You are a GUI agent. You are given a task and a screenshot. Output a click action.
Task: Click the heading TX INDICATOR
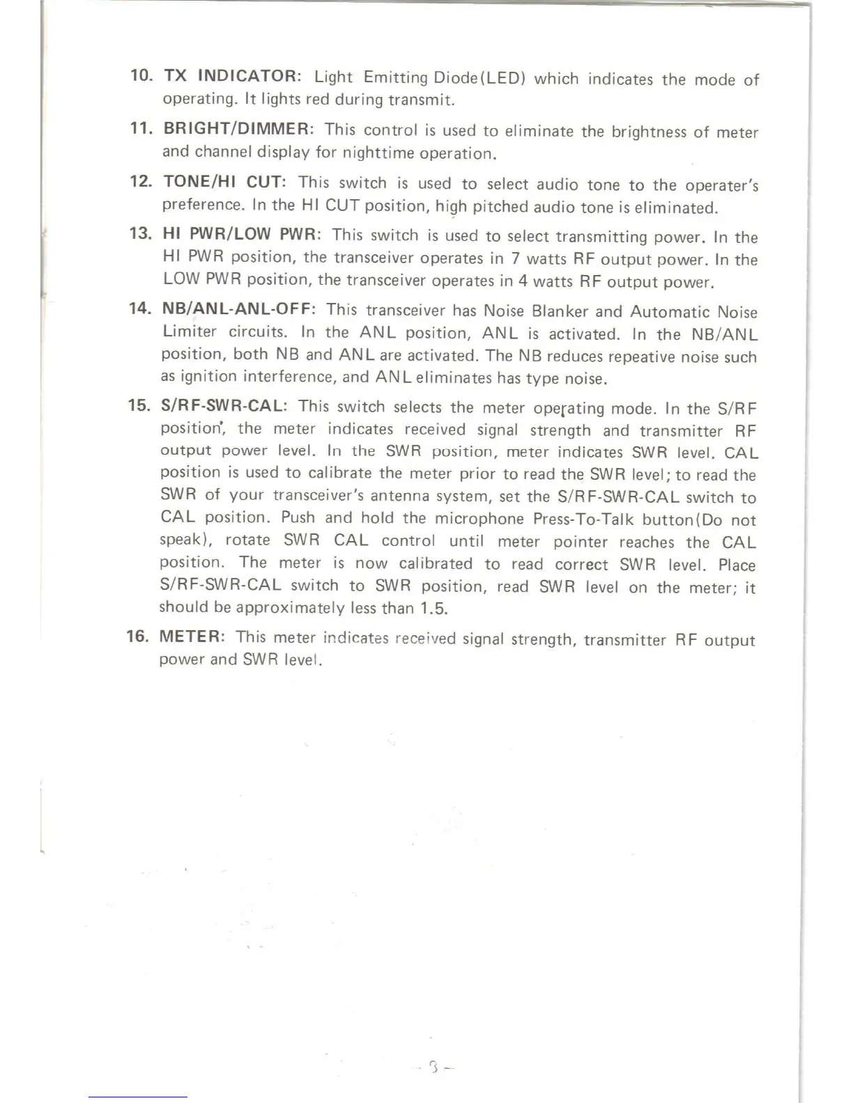[x=231, y=76]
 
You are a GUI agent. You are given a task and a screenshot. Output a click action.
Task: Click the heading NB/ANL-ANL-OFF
[x=239, y=308]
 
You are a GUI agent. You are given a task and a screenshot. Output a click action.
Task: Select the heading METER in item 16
[x=192, y=636]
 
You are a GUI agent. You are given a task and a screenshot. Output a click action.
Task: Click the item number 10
[x=141, y=75]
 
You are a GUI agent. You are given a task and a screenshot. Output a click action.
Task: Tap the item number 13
[x=141, y=233]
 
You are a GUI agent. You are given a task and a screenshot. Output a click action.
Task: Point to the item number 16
[x=137, y=636]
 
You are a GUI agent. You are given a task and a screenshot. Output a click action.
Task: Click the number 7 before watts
[x=515, y=258]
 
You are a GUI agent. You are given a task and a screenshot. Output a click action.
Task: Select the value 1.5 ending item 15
[x=434, y=609]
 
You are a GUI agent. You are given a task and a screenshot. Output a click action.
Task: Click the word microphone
[x=479, y=519]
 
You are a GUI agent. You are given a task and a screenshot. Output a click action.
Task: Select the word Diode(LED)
[x=479, y=77]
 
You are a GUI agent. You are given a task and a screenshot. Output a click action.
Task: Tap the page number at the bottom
[x=433, y=1066]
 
